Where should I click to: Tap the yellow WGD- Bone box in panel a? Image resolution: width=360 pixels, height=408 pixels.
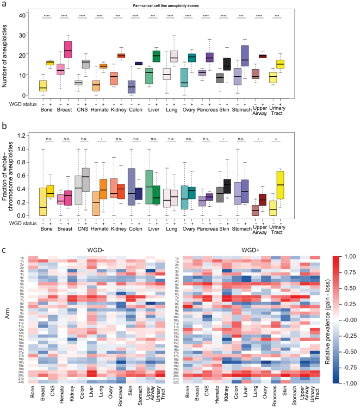tap(42, 86)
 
